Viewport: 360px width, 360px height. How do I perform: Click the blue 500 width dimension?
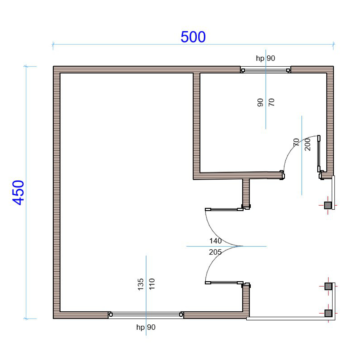click(x=193, y=37)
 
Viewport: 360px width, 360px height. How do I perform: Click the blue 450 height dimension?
click(x=18, y=192)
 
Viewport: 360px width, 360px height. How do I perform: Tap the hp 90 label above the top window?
click(x=265, y=58)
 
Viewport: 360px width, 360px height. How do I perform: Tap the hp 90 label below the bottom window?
click(x=146, y=327)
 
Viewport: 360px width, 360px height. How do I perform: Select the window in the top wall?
click(x=265, y=70)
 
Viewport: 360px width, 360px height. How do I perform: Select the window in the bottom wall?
click(x=146, y=315)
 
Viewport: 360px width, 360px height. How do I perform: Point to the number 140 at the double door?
click(x=215, y=241)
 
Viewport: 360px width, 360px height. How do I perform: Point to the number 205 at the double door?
click(x=215, y=252)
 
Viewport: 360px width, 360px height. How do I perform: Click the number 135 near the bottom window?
click(x=141, y=284)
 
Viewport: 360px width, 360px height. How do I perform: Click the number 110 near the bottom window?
click(x=152, y=284)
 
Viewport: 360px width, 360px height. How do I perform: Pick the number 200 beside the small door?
click(x=307, y=145)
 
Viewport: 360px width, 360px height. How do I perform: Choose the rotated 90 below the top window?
click(x=260, y=102)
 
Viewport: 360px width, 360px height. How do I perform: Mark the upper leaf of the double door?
click(x=224, y=209)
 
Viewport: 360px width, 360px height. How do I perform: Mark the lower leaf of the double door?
click(x=224, y=283)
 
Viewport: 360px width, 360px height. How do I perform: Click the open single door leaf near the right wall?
click(x=319, y=154)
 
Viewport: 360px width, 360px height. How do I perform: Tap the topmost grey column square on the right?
click(x=328, y=205)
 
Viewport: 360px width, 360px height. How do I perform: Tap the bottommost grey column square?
click(x=328, y=313)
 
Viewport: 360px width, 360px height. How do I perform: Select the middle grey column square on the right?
click(x=328, y=286)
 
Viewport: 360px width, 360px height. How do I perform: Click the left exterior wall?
click(x=56, y=192)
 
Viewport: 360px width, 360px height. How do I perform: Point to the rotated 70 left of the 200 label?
click(x=296, y=142)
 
